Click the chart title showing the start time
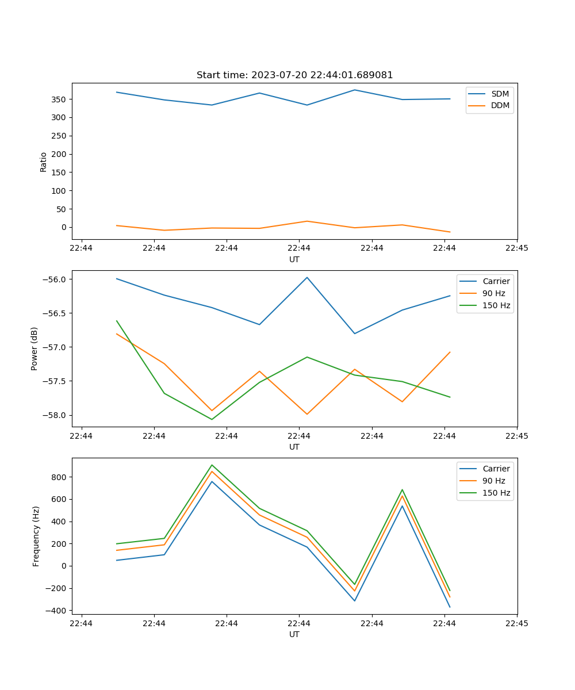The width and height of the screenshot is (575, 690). point(294,75)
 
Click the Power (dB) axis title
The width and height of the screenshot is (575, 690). point(34,348)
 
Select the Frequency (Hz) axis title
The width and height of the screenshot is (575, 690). point(36,536)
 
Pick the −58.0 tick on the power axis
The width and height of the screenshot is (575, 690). point(55,415)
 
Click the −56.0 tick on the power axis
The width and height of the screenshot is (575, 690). point(55,279)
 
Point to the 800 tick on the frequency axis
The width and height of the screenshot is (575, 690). point(60,477)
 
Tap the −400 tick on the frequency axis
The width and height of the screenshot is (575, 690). point(57,611)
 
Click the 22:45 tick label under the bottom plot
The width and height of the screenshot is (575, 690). point(517,623)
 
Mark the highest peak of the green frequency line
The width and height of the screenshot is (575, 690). point(212,465)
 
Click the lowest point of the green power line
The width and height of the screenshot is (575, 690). point(212,419)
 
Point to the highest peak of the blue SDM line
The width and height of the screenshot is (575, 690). point(355,90)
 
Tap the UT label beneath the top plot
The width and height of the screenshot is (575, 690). point(294,259)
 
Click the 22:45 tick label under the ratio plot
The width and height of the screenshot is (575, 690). point(517,248)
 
